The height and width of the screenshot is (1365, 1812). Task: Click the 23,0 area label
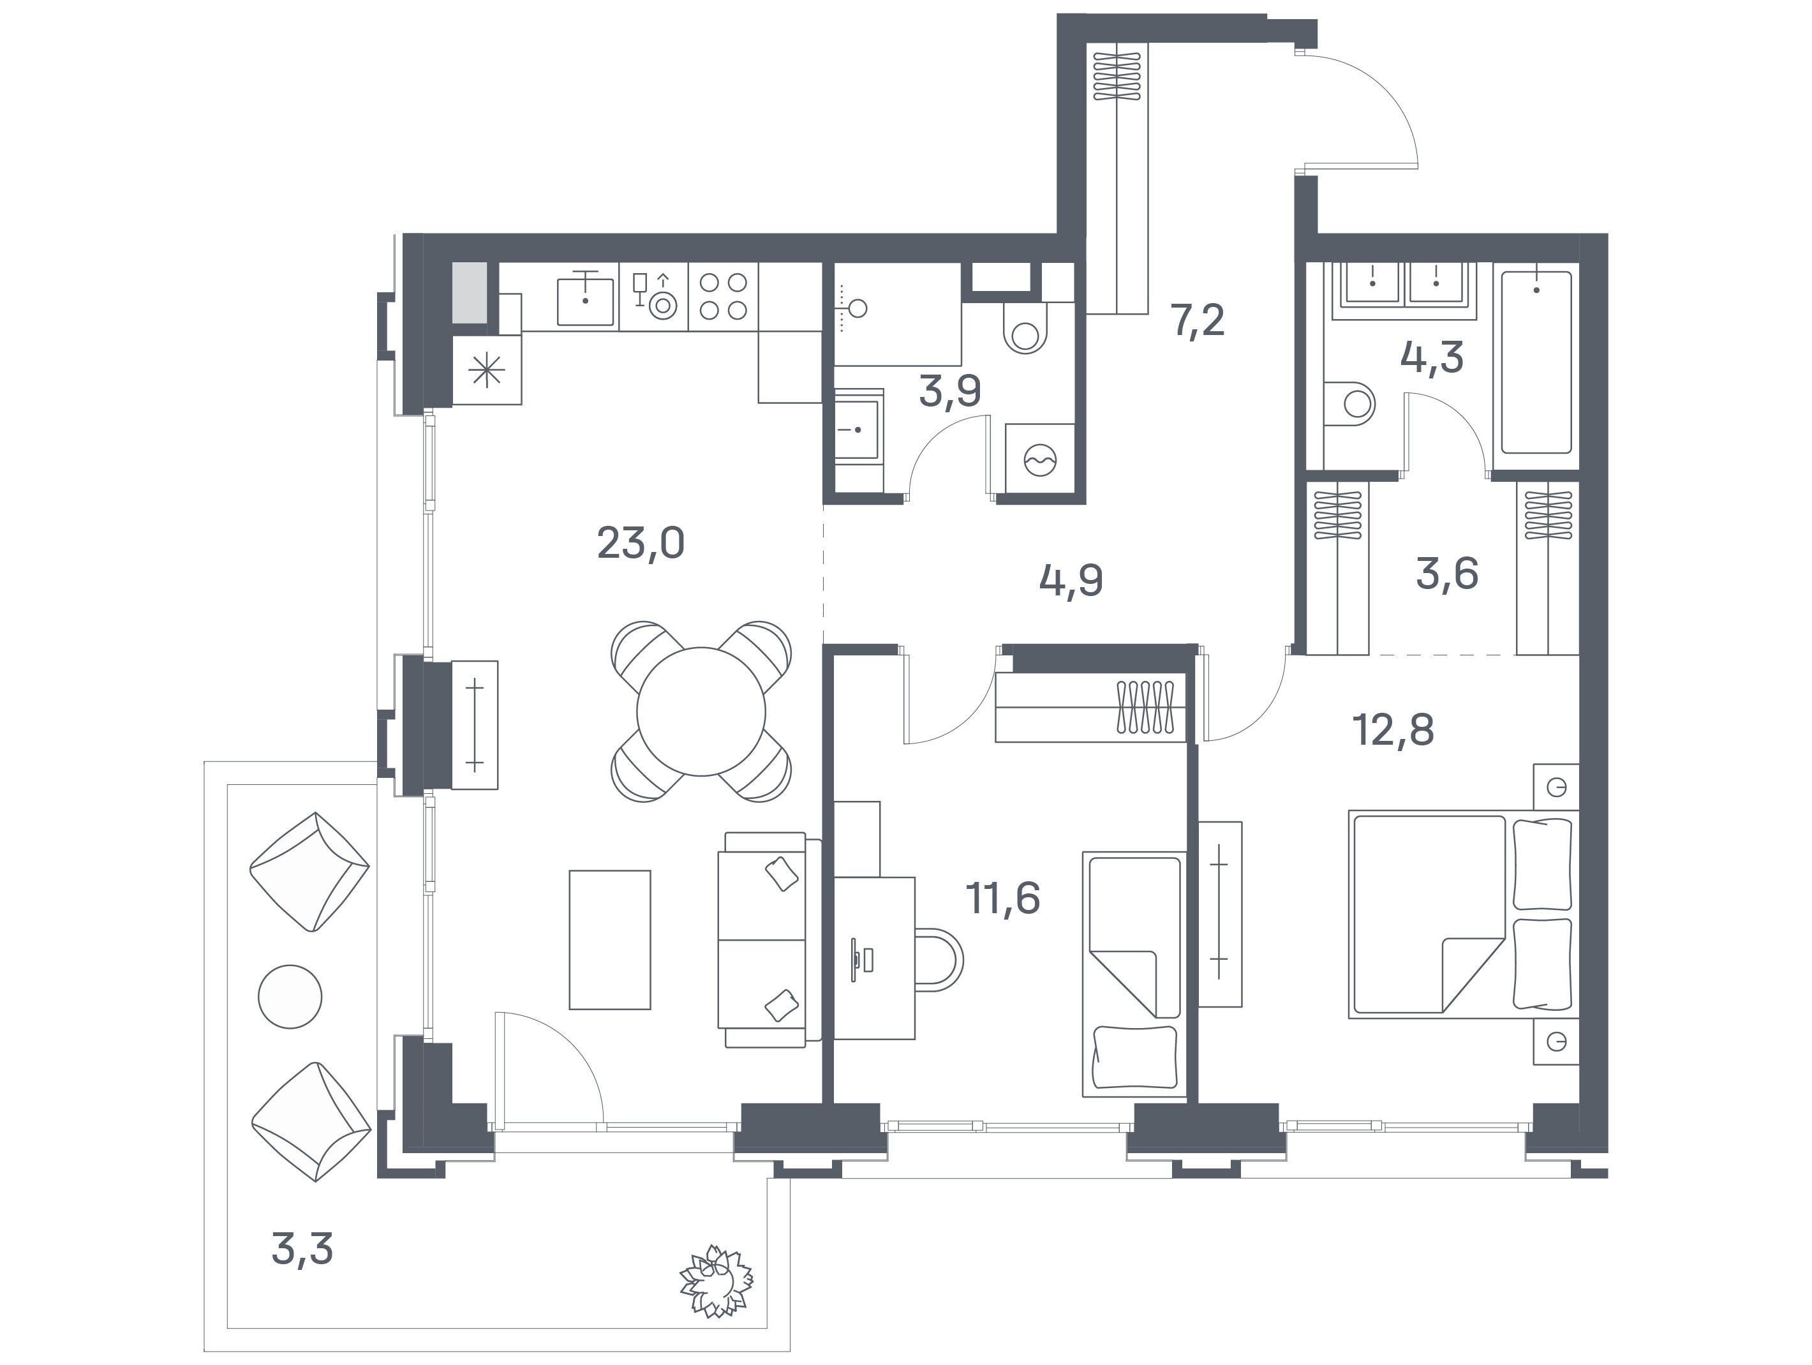[641, 543]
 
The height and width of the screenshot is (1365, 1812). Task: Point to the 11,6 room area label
[1004, 898]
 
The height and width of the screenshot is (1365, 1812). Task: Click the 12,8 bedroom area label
[1395, 729]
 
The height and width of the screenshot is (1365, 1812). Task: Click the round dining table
[701, 711]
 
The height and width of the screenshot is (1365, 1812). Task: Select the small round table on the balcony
[290, 996]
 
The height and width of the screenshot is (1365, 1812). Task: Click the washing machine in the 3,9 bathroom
[1039, 459]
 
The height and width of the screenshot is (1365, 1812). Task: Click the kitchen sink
[585, 301]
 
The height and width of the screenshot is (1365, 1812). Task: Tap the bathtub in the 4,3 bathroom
[1536, 362]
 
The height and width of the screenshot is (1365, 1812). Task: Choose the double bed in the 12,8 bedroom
[1463, 914]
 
